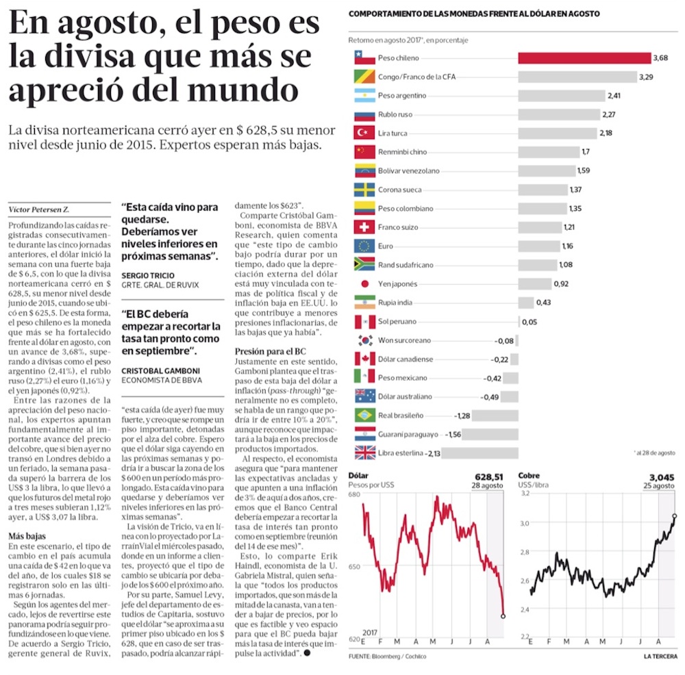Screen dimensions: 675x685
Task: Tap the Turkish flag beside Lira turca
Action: click(x=364, y=133)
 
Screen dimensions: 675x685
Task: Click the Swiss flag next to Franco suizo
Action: click(x=364, y=227)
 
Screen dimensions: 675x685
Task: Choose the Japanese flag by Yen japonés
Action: click(x=364, y=283)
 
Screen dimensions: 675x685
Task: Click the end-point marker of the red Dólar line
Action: click(x=503, y=616)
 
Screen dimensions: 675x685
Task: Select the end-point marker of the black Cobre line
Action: click(x=675, y=515)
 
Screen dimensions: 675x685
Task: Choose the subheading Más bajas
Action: click(x=27, y=537)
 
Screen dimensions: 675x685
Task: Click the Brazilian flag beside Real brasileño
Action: click(x=364, y=415)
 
